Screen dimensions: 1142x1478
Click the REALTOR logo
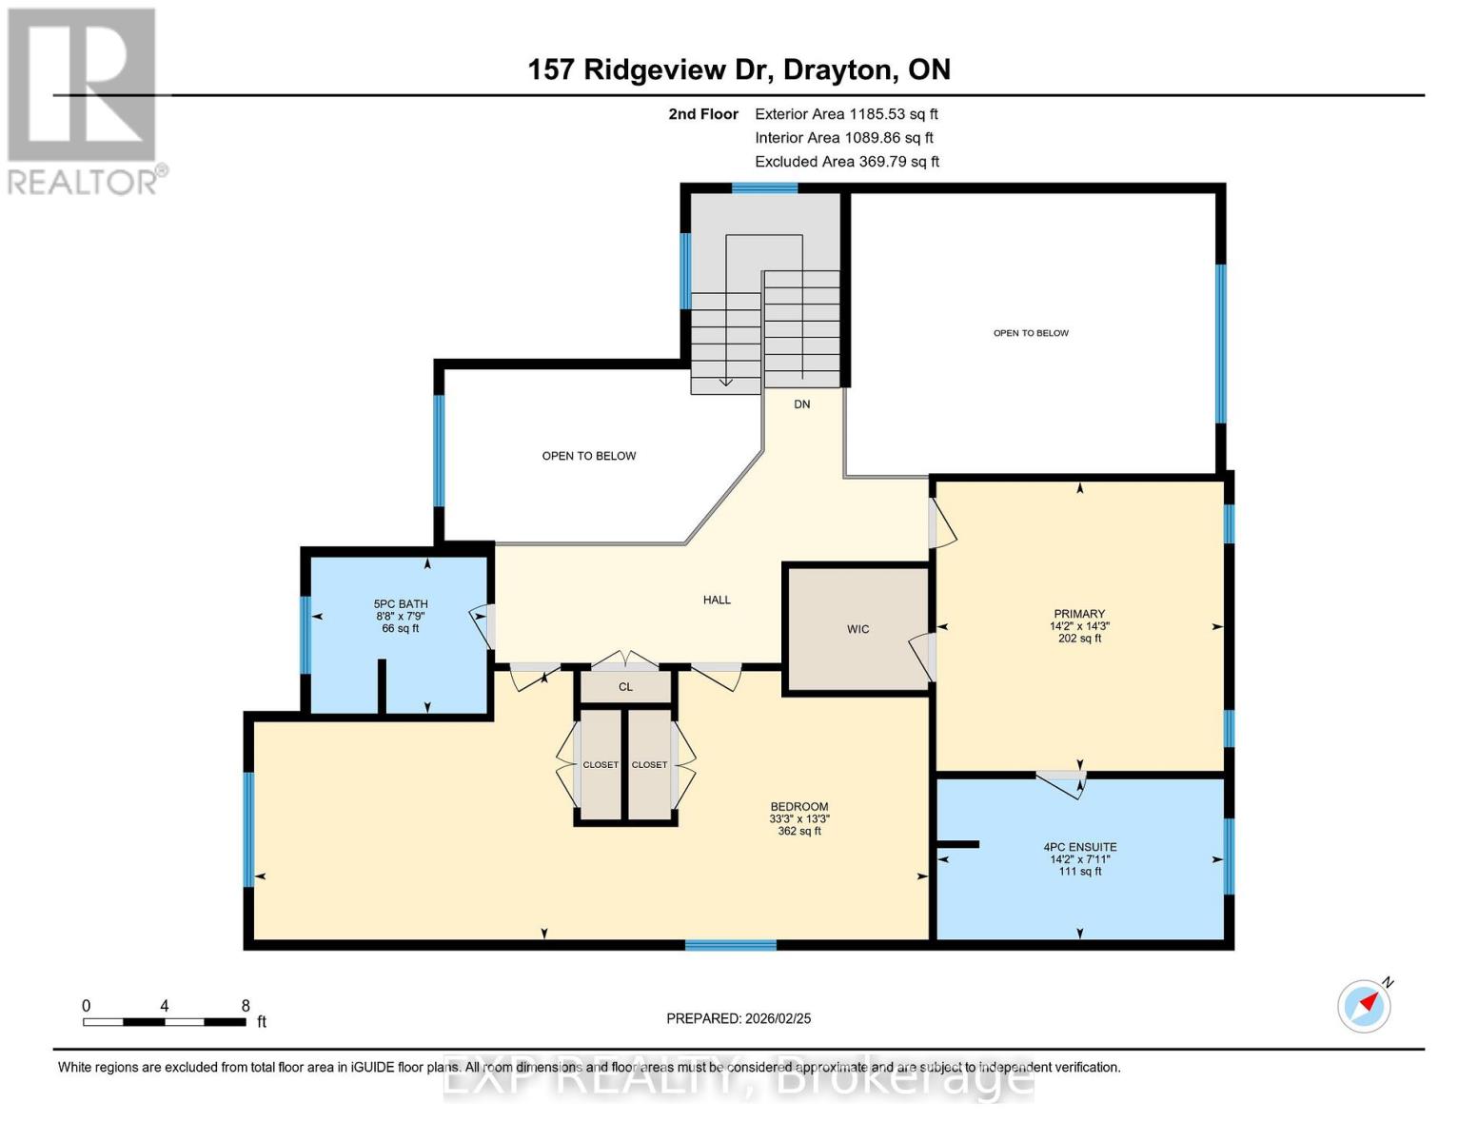(84, 101)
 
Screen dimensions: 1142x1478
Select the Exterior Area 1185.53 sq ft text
(846, 114)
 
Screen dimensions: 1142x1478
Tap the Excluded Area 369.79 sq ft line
(846, 162)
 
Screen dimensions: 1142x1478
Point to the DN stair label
(802, 404)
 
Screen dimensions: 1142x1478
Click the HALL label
(717, 600)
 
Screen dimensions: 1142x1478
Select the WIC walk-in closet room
(857, 629)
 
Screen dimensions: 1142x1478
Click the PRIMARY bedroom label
(1079, 625)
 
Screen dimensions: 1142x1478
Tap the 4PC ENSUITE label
(1079, 858)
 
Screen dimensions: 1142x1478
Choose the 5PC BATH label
(401, 616)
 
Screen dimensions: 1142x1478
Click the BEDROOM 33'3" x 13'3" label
(798, 818)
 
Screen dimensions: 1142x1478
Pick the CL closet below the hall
(625, 687)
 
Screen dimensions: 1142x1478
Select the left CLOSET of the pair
(601, 764)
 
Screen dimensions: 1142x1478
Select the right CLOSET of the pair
(650, 764)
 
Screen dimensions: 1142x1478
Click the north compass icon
(1365, 1005)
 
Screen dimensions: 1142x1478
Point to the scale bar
(164, 1022)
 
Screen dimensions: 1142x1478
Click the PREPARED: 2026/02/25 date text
(739, 1018)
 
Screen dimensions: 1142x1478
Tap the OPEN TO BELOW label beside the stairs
(589, 456)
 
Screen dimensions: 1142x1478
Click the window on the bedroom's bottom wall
(731, 945)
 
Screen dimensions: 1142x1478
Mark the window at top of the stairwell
(764, 188)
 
